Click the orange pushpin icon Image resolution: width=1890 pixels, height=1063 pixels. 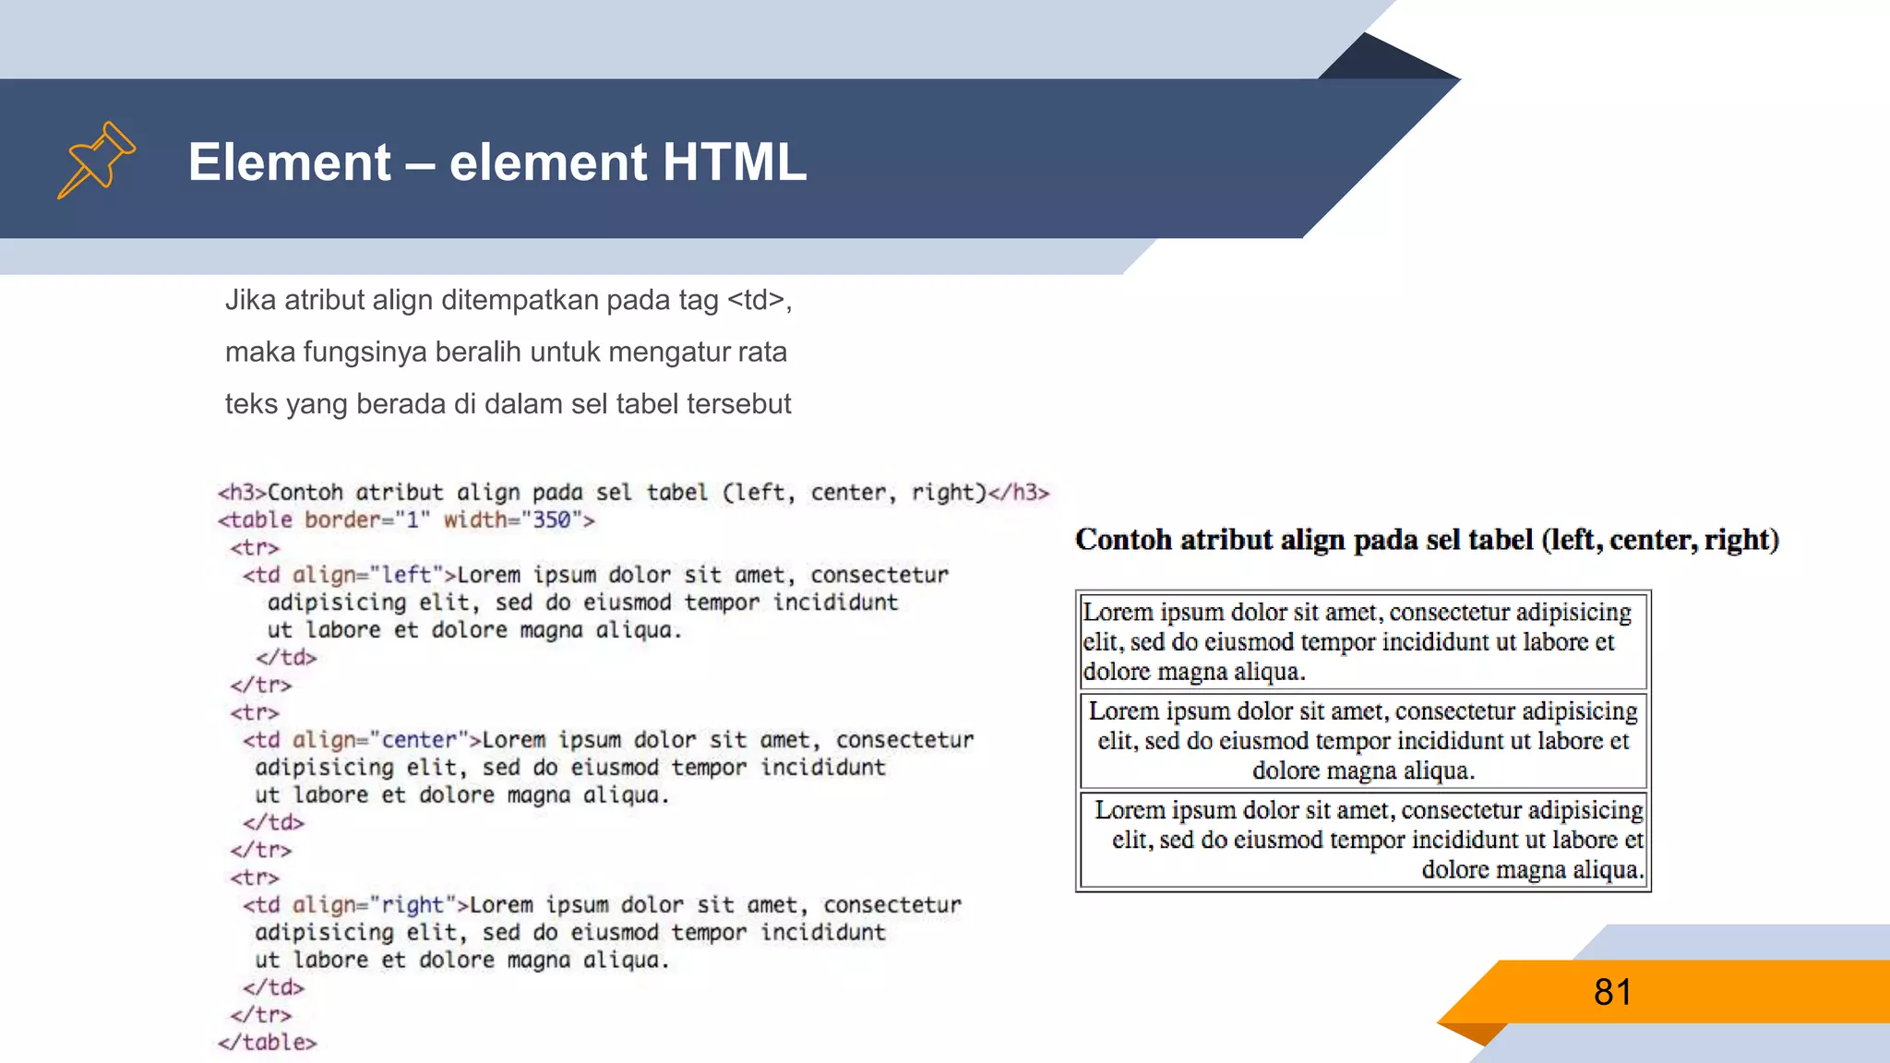[96, 160]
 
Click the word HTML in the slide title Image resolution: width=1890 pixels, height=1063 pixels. [734, 162]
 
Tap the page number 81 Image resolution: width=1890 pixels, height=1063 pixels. [1612, 992]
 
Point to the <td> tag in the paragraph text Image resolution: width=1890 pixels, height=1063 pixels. [756, 300]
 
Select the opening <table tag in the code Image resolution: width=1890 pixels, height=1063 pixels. [255, 520]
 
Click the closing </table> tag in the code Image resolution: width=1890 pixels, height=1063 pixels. [268, 1043]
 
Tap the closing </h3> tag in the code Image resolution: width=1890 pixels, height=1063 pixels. [1019, 493]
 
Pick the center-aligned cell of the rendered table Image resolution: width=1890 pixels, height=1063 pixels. [1363, 741]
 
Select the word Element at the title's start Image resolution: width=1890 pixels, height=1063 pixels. [290, 162]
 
